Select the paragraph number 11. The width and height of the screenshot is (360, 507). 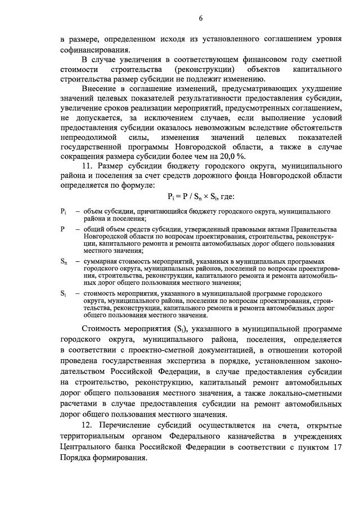pyautogui.click(x=87, y=166)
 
